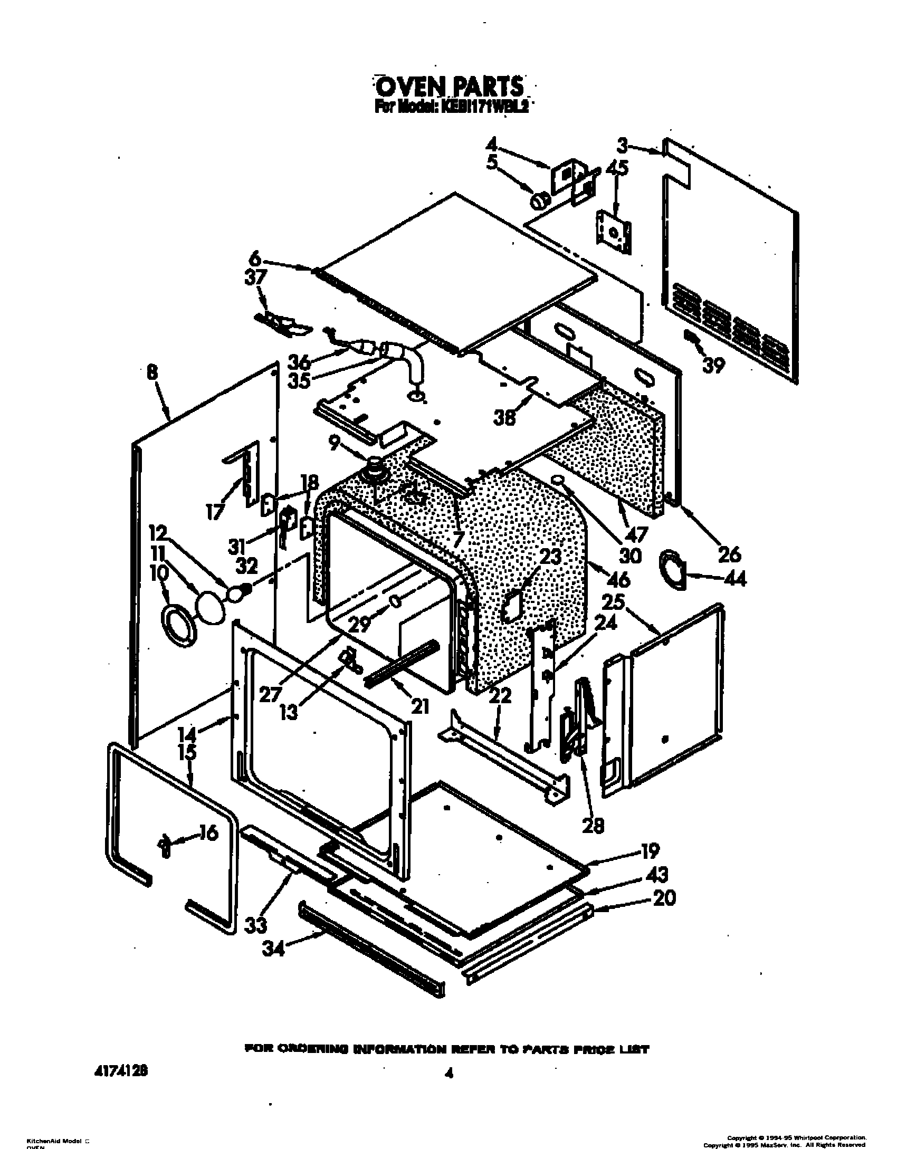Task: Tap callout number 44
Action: [733, 579]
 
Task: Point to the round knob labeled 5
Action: [540, 201]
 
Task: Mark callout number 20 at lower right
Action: [664, 897]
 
